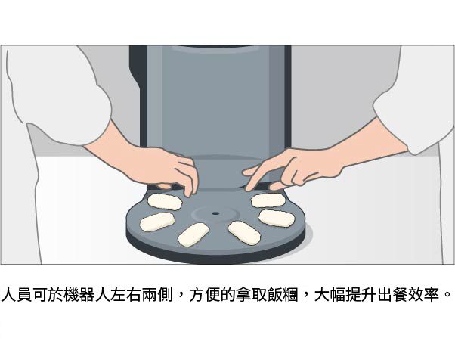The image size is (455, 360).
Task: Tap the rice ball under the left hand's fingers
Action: (164, 201)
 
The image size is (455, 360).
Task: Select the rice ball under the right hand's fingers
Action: (268, 200)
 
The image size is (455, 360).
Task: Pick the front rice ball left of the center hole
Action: (193, 234)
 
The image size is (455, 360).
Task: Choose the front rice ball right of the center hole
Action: (244, 233)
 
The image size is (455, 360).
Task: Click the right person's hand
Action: (283, 168)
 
